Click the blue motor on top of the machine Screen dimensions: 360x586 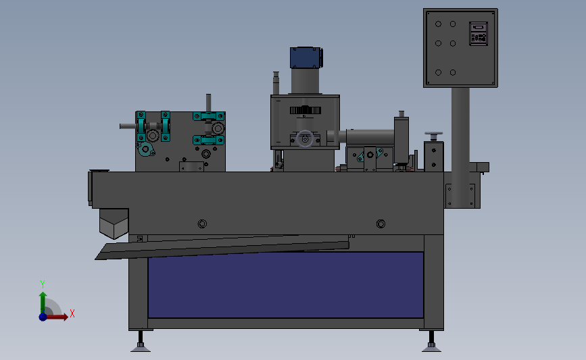(306, 57)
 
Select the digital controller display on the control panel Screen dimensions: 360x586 (479, 33)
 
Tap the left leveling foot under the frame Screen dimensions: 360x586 (141, 347)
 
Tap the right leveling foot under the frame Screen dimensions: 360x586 (431, 347)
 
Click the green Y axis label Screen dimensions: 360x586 (42, 284)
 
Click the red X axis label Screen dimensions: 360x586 (72, 313)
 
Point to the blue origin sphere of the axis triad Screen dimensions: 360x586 (43, 316)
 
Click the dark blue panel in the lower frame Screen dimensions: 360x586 (285, 285)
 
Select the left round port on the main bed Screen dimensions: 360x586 (201, 224)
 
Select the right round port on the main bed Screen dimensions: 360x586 (381, 224)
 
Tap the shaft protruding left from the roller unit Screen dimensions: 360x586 (128, 125)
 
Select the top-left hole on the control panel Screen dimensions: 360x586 (438, 24)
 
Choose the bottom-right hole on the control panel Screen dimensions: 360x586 (453, 72)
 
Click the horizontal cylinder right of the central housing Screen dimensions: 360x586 (368, 136)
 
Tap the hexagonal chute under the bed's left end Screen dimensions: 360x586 (114, 222)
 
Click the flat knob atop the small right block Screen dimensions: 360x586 (433, 134)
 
